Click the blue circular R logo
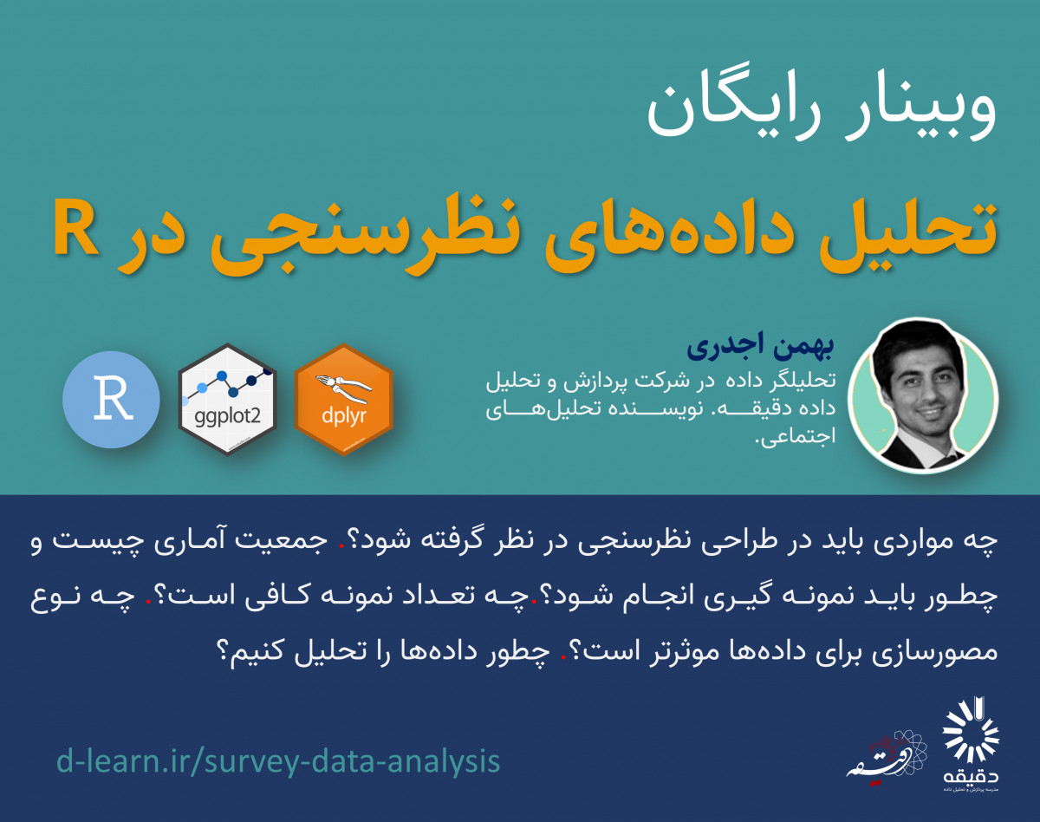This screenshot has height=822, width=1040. pyautogui.click(x=111, y=400)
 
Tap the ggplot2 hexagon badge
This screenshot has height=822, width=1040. pyautogui.click(x=228, y=400)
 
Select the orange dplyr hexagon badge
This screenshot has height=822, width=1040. pyautogui.click(x=343, y=400)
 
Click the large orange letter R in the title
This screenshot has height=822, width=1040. pyautogui.click(x=77, y=227)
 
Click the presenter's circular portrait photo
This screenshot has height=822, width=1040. pyautogui.click(x=923, y=395)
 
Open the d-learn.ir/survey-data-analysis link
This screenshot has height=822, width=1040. pyautogui.click(x=278, y=760)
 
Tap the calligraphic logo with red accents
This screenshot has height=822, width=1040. pyautogui.click(x=887, y=758)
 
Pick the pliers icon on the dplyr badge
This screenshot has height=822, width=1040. pyautogui.click(x=343, y=387)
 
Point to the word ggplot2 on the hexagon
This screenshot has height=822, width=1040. pyautogui.click(x=228, y=417)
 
